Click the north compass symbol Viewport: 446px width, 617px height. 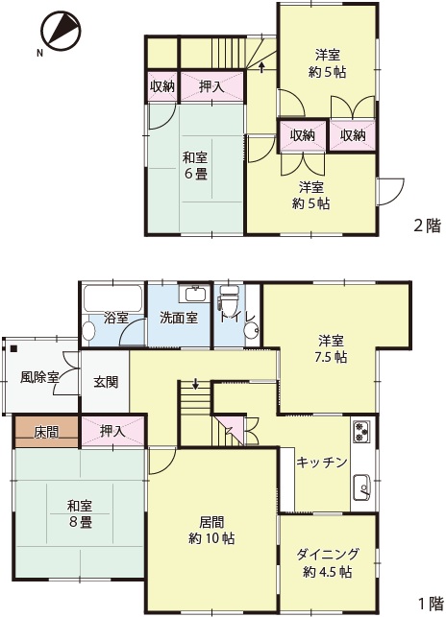[62, 31]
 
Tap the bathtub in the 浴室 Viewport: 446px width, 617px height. [112, 297]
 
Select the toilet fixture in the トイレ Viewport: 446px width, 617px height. [229, 298]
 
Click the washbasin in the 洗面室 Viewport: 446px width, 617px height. [194, 294]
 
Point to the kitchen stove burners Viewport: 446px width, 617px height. [361, 432]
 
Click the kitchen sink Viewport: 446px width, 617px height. [361, 487]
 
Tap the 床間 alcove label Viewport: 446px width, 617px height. [46, 432]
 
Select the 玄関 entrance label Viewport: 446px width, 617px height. [106, 382]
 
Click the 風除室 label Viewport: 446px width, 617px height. [39, 378]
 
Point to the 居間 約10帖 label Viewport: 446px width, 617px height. [211, 530]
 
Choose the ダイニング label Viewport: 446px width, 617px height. [328, 554]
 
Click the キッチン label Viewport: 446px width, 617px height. [322, 462]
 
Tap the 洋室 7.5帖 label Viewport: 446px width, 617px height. [332, 348]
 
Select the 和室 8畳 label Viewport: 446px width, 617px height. [80, 513]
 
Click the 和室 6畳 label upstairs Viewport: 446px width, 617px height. [195, 166]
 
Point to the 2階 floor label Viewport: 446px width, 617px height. [427, 225]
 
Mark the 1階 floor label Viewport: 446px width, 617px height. [431, 604]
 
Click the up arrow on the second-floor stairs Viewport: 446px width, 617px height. [261, 66]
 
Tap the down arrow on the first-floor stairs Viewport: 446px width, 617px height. [195, 383]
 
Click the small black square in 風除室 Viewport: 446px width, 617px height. [14, 348]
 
